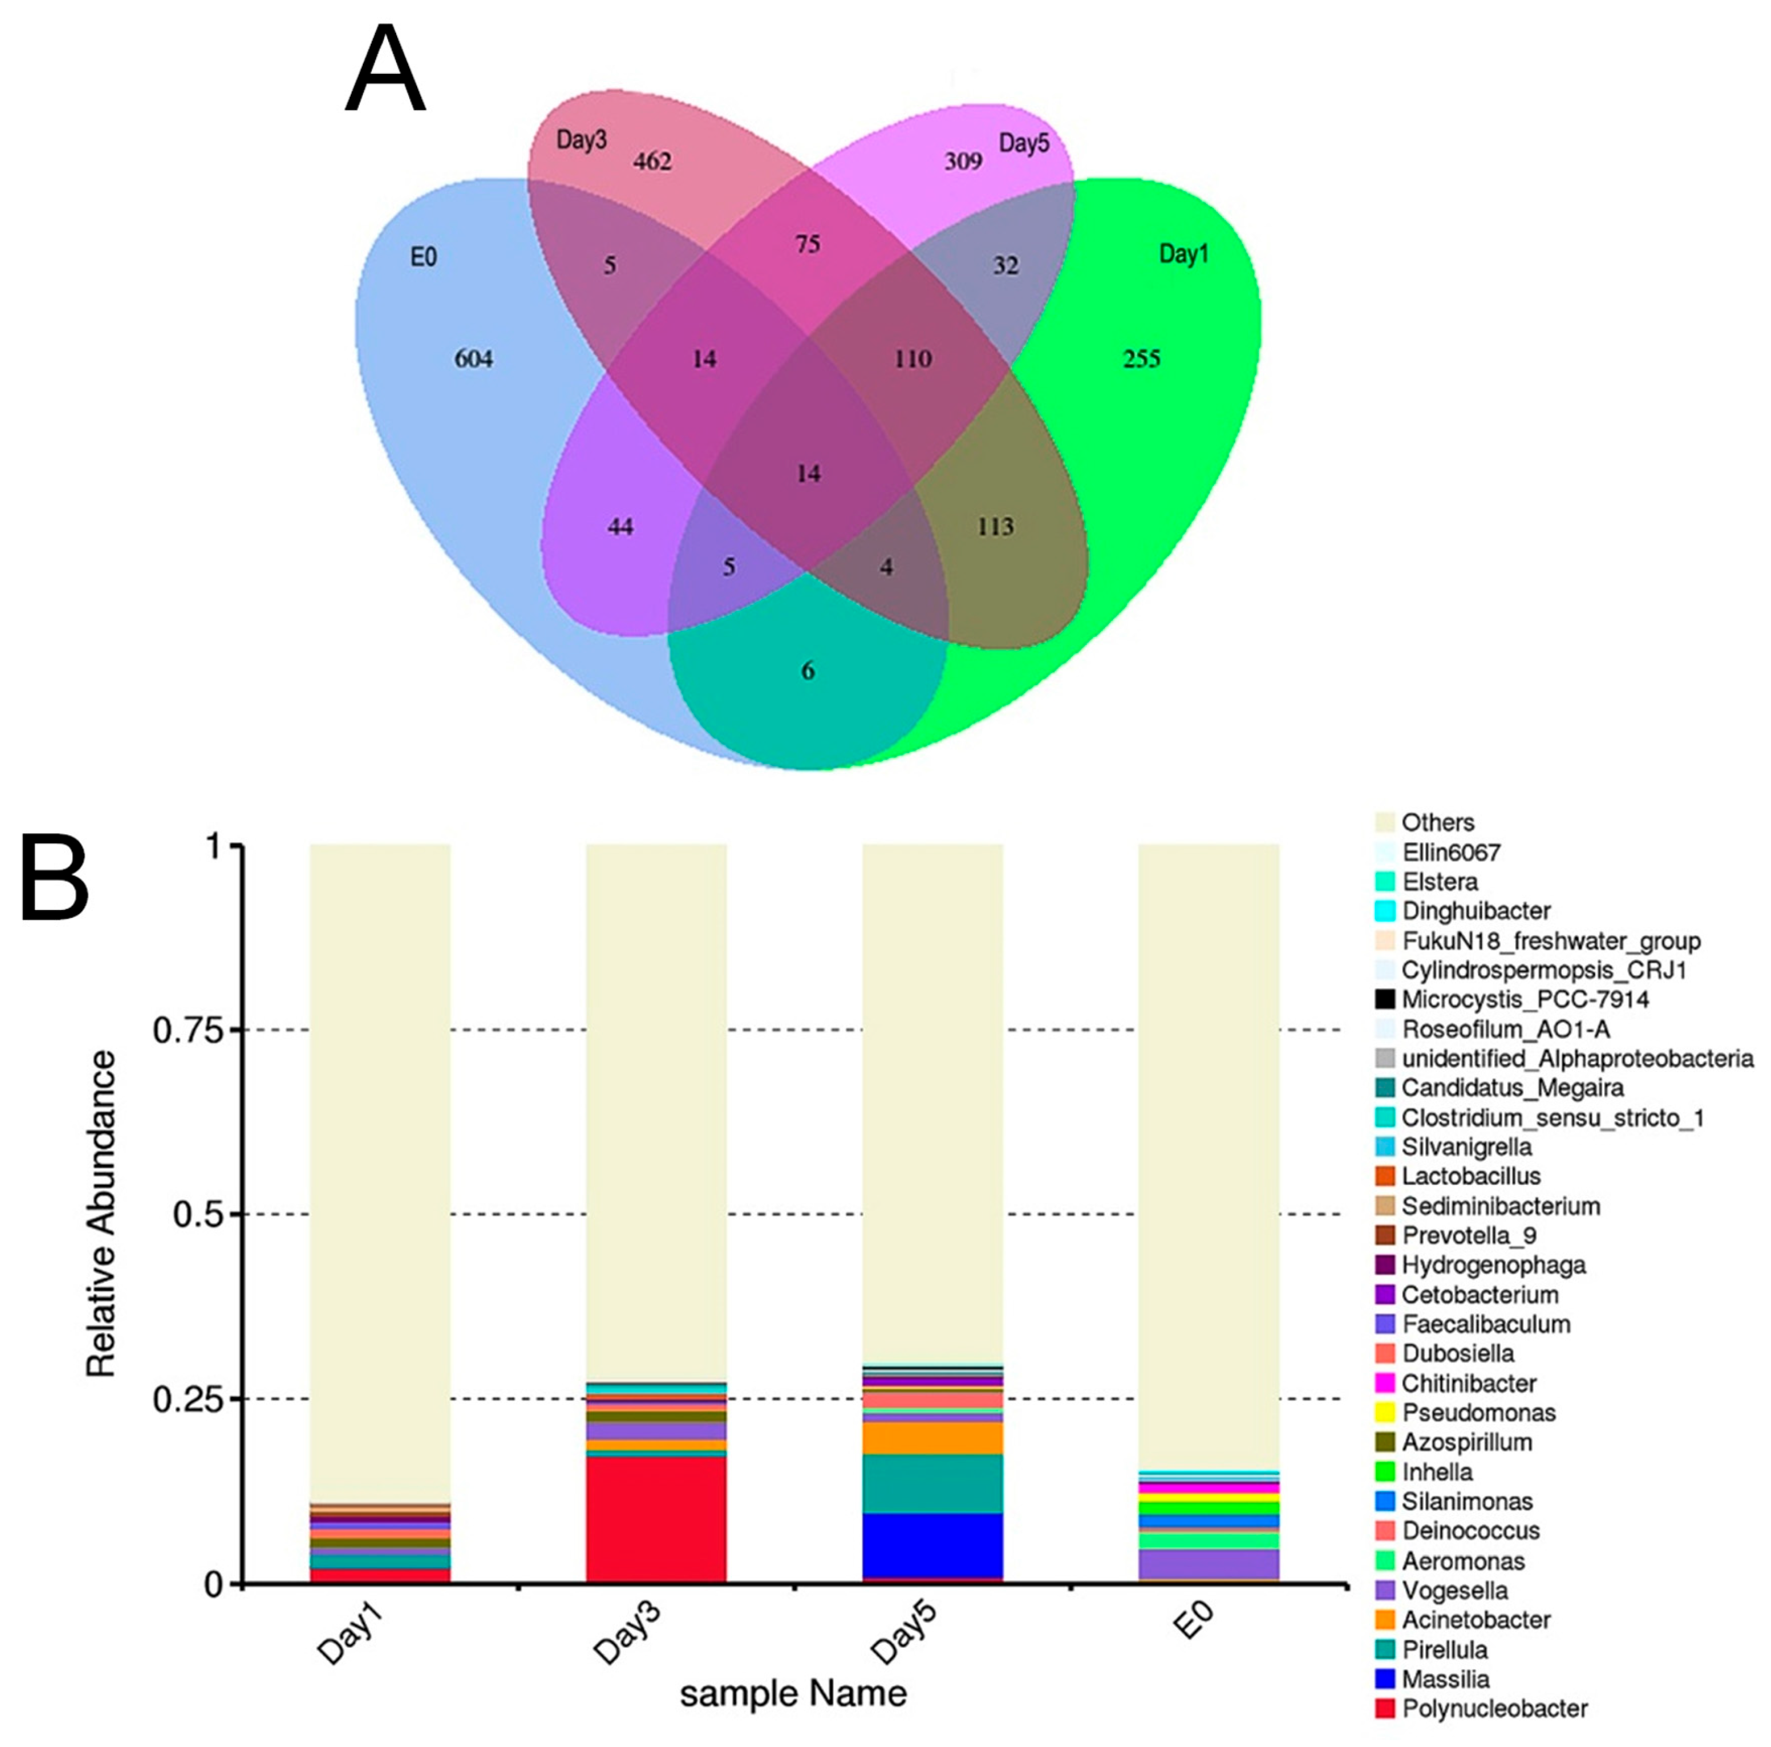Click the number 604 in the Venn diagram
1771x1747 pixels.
[473, 358]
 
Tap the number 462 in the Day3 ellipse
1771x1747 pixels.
[652, 162]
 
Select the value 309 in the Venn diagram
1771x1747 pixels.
[962, 162]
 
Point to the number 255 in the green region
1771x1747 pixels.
[1141, 358]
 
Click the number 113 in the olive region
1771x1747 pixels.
[994, 526]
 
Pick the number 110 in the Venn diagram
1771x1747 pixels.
[912, 358]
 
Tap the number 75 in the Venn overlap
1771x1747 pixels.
[806, 244]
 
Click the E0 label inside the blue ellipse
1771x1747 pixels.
[422, 258]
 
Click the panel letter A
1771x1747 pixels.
[385, 70]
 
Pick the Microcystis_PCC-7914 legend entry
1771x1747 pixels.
[1525, 999]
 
